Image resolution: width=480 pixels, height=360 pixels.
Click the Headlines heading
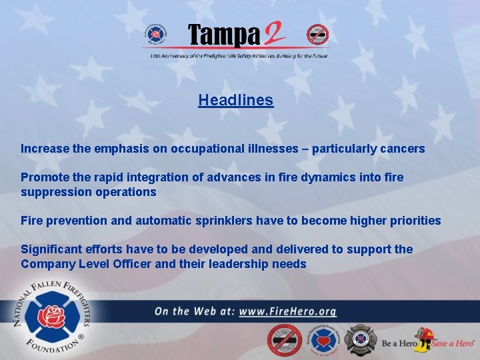tap(235, 101)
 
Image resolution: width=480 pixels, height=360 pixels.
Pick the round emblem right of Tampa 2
tap(317, 34)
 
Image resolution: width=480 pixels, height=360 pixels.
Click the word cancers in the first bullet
tap(402, 149)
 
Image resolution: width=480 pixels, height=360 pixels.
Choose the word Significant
tap(51, 249)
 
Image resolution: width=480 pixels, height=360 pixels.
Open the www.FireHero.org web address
tap(287, 311)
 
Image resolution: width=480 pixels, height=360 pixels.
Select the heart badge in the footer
tap(323, 341)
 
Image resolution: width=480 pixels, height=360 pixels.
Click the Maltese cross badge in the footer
tap(361, 341)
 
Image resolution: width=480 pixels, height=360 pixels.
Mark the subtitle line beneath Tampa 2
tap(239, 57)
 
